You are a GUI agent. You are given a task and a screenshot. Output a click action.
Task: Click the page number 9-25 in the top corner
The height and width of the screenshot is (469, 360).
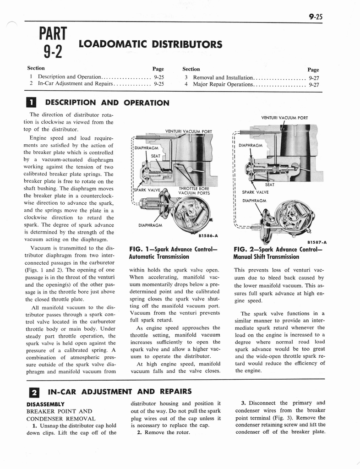(x=316, y=17)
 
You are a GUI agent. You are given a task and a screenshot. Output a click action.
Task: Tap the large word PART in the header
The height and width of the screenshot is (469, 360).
(x=53, y=34)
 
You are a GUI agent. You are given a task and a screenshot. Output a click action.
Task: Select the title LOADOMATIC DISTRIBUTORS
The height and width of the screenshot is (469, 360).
(x=151, y=44)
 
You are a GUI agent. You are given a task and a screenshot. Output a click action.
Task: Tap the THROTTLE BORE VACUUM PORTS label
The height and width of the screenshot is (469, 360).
(x=194, y=191)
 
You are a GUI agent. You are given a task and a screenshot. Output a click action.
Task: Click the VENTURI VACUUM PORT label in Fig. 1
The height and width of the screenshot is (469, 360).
(x=188, y=131)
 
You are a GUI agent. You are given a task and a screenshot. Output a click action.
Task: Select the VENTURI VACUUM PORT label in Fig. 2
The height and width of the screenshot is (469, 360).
(x=284, y=118)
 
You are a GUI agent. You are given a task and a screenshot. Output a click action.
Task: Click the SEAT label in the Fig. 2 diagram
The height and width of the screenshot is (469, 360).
(x=270, y=185)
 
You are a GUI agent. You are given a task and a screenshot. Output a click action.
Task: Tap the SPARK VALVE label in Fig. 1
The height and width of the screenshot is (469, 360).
(x=147, y=190)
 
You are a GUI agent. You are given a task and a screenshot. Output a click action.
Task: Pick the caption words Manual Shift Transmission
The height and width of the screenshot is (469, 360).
(x=266, y=257)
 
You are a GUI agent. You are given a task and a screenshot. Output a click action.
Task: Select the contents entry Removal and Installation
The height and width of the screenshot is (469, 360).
(x=223, y=77)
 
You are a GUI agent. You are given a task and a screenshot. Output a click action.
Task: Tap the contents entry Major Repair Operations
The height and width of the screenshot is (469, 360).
(x=223, y=84)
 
